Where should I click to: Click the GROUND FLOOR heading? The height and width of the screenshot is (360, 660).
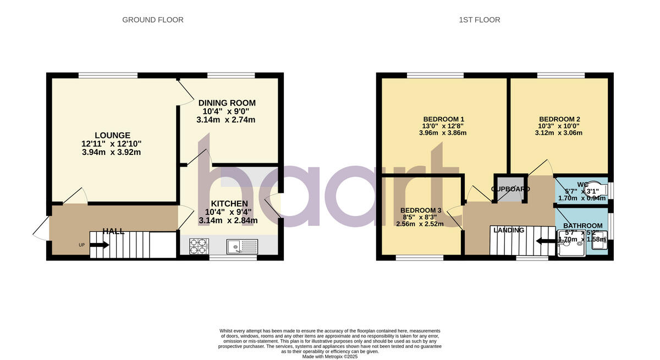[x=152, y=20]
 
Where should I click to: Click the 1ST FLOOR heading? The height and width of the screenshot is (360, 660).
[x=480, y=20]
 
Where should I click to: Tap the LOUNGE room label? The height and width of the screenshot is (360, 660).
[x=112, y=135]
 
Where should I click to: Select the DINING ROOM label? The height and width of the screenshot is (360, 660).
[x=227, y=103]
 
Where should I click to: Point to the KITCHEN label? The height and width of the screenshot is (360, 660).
[x=226, y=204]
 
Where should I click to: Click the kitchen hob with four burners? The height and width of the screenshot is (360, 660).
[x=199, y=246]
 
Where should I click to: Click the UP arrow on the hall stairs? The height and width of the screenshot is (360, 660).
[x=99, y=245]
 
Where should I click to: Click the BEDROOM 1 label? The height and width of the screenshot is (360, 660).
[x=443, y=119]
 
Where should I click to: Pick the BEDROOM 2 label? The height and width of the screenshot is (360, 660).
[x=559, y=119]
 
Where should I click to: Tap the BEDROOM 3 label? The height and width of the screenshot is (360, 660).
[x=420, y=211]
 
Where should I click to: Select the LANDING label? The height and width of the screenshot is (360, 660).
[x=509, y=230]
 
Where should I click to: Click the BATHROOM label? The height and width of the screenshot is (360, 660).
[x=582, y=226]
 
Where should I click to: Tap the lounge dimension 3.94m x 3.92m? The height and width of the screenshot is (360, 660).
[x=112, y=152]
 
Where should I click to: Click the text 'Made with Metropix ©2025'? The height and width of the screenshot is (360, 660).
[x=330, y=356]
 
